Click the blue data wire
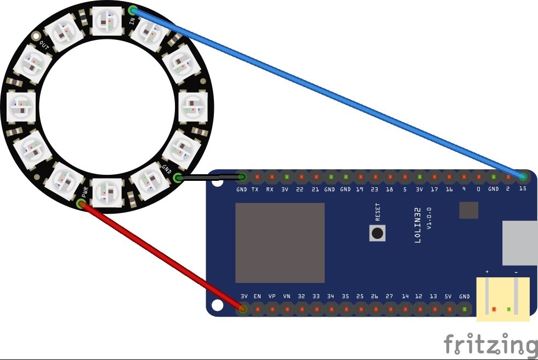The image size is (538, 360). (329, 94)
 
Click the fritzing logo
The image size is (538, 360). (490, 345)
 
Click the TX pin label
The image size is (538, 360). (255, 190)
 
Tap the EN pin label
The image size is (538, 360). (257, 296)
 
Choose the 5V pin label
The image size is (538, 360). (448, 296)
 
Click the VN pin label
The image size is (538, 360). (286, 296)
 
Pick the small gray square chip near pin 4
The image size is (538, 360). (469, 209)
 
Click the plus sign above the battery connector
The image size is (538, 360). (487, 272)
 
